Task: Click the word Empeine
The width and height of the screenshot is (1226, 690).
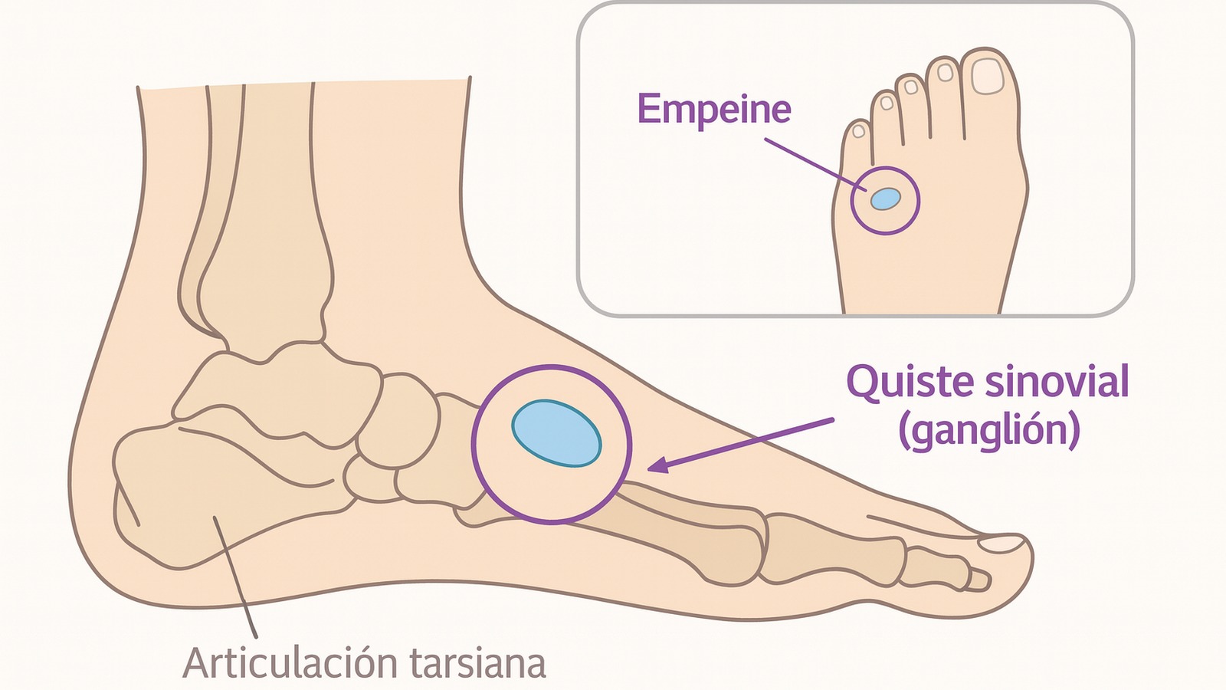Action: point(713,109)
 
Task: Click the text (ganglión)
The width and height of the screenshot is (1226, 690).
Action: point(989,430)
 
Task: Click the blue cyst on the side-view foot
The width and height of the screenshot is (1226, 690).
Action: point(556,433)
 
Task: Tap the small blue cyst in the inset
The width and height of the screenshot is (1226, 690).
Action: point(885,199)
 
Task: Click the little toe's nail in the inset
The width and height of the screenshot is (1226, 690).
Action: point(858,131)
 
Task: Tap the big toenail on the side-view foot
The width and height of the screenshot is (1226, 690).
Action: point(1002,544)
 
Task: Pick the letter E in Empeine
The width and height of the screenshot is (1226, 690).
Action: point(648,109)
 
